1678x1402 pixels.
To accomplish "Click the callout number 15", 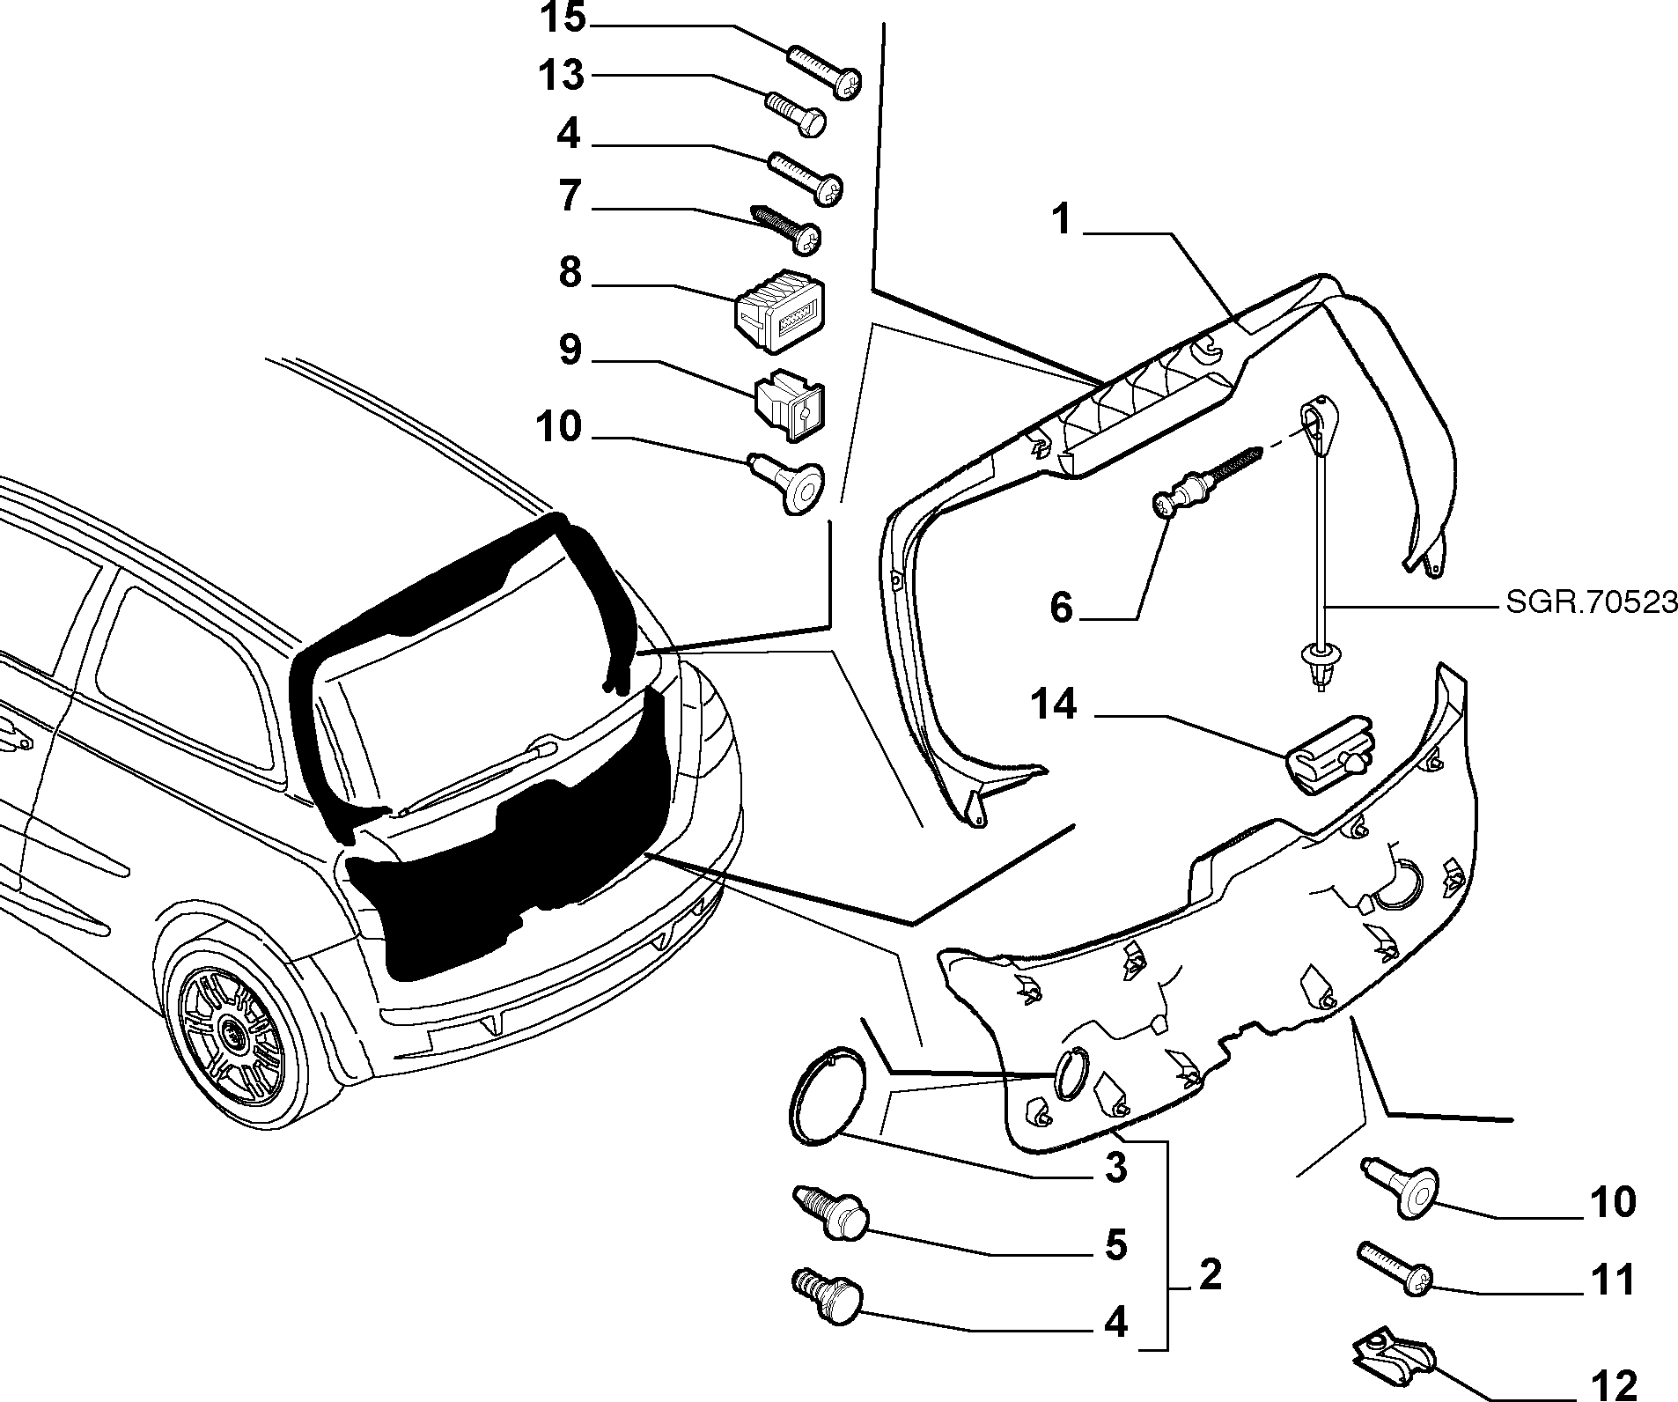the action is [563, 18].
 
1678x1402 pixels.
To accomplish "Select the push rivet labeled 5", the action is [832, 1211].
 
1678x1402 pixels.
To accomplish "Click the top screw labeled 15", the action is [823, 70].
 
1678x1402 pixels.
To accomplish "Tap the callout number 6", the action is [1062, 608].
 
